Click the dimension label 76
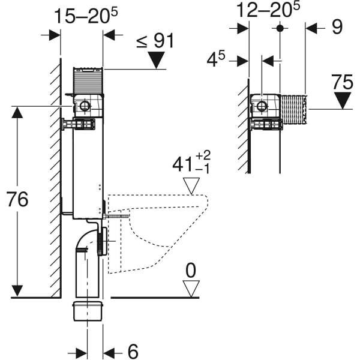tap(17, 199)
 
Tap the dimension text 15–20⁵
tap(86, 16)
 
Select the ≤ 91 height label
tap(155, 41)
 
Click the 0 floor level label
tap(191, 271)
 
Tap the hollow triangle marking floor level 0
tap(191, 289)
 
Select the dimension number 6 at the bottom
tap(133, 351)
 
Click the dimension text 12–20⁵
tap(268, 10)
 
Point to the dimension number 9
tap(337, 27)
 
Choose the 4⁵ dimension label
tap(216, 59)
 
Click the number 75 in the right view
tap(342, 82)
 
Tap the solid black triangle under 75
tap(343, 101)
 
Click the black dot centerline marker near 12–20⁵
tap(280, 28)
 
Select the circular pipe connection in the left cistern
tap(84, 106)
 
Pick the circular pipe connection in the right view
tap(261, 106)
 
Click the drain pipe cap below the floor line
tap(87, 311)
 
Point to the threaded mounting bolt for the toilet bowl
tap(116, 216)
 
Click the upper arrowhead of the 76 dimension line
tap(17, 113)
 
